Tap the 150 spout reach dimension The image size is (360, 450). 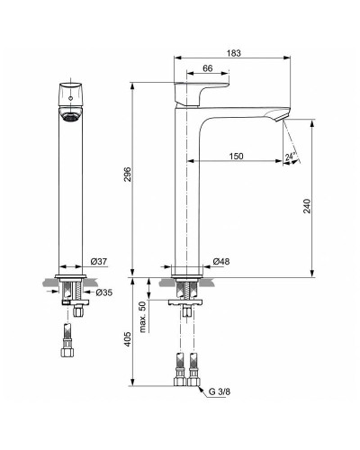[236, 157]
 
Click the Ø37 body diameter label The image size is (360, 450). [99, 262]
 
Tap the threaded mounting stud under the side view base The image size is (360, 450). [186, 292]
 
